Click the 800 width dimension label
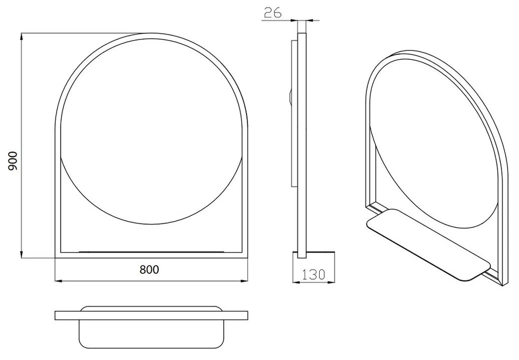click(x=149, y=270)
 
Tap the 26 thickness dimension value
click(x=273, y=12)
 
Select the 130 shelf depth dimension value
click(x=313, y=274)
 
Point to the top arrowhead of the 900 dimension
click(x=21, y=36)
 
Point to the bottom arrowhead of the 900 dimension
click(x=21, y=255)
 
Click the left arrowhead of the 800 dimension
click(x=59, y=281)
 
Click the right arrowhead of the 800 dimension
click(x=244, y=281)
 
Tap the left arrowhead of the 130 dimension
click(x=296, y=283)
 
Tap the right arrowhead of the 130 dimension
click(x=331, y=283)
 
